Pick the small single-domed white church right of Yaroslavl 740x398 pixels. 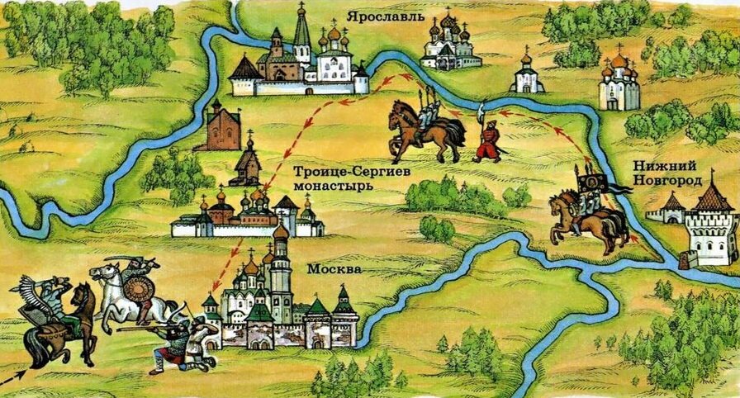pyautogui.click(x=526, y=74)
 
